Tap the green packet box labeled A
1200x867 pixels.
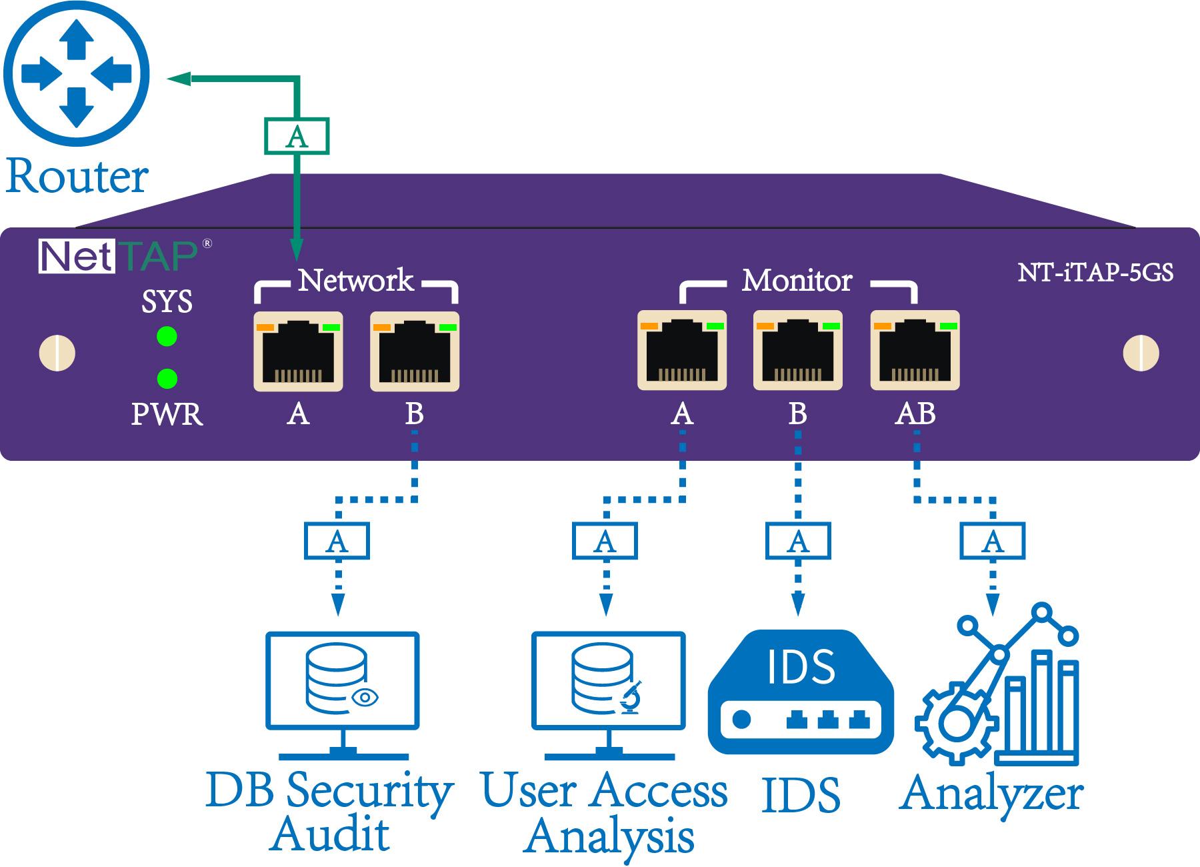[297, 136]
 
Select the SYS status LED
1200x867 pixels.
[167, 336]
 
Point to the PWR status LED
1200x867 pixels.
[167, 378]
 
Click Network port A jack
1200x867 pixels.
[298, 351]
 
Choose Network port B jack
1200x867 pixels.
[415, 351]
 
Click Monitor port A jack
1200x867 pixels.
[682, 349]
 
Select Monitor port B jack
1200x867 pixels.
[798, 349]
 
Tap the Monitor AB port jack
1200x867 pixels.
[915, 349]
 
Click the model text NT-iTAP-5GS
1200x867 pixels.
[1095, 272]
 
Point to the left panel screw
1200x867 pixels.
[58, 353]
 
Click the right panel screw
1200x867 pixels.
[1141, 353]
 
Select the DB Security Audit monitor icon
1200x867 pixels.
[343, 696]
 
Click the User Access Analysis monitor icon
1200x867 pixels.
[609, 696]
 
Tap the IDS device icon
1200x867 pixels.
[800, 692]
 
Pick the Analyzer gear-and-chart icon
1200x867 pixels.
[997, 684]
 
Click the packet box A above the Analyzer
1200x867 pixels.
[993, 540]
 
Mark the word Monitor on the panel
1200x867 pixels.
[797, 281]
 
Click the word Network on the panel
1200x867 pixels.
[356, 280]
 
